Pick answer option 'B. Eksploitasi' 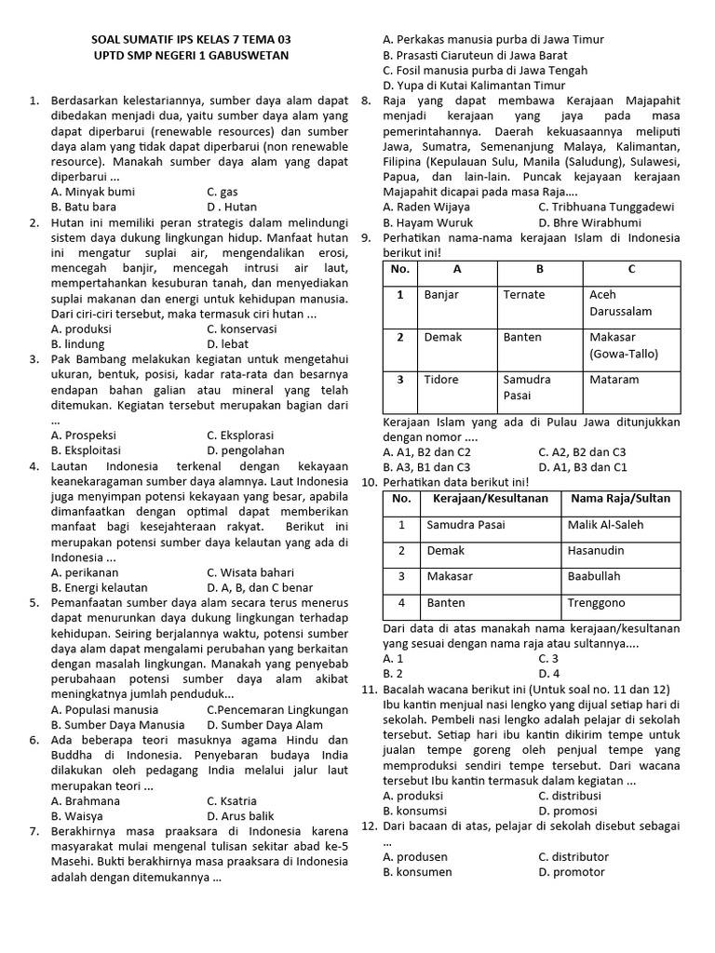point(89,450)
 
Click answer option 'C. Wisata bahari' point(250,572)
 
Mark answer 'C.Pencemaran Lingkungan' point(277,709)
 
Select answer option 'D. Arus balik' point(241,816)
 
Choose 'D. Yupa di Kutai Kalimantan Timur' point(474,85)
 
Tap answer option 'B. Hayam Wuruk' point(428,222)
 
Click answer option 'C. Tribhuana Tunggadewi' point(606,207)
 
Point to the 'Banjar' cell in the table point(441,294)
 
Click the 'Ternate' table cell point(523,294)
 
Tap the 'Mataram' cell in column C point(614,380)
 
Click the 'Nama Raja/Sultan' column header point(620,499)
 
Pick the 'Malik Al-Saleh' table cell point(605,524)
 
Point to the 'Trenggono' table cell point(596,602)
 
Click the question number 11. point(368,690)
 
